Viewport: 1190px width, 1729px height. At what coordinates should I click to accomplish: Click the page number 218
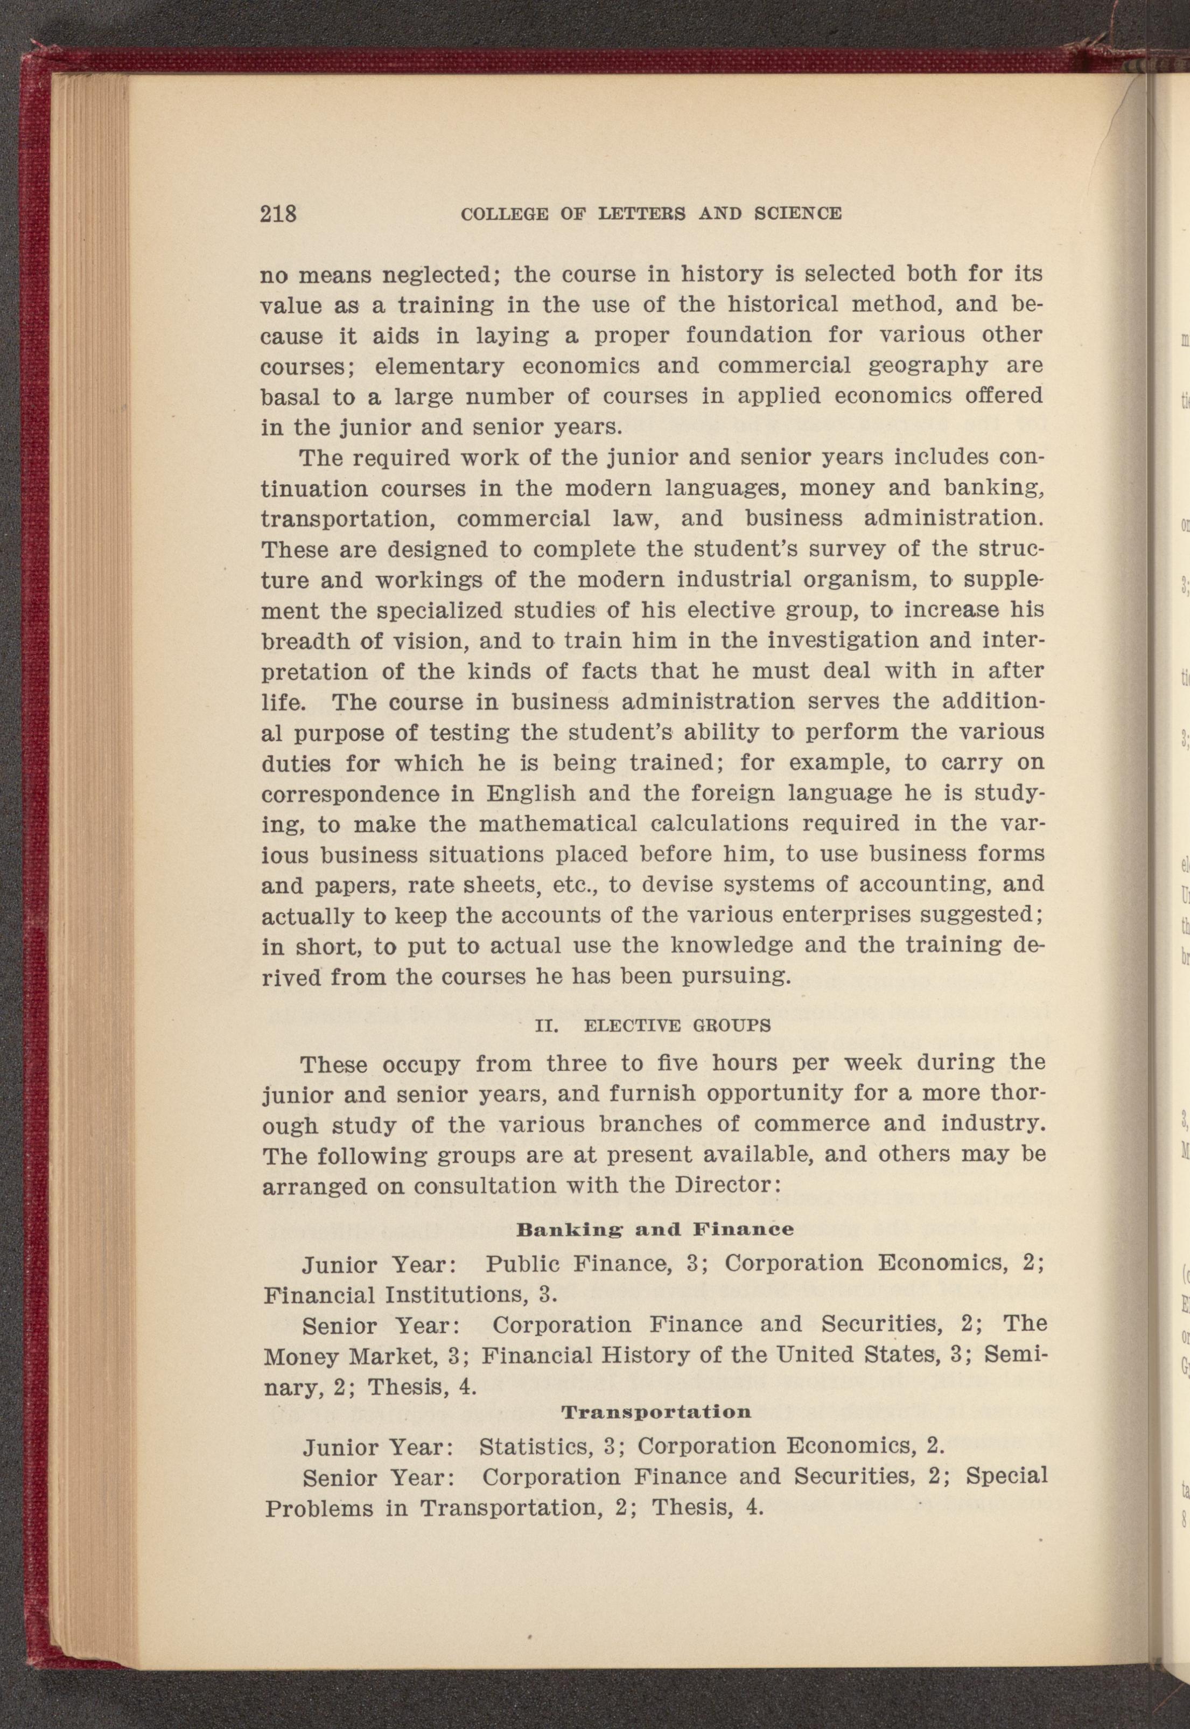(279, 214)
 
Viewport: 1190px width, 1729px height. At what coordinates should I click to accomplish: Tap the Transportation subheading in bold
(655, 1412)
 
